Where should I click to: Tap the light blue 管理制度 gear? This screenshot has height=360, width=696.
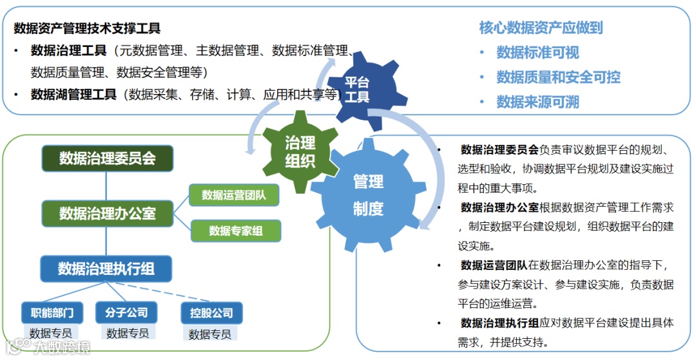pos(368,194)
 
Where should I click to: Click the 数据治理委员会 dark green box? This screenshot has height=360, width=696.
pos(108,158)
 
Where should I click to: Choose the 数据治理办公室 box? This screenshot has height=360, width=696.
pos(108,213)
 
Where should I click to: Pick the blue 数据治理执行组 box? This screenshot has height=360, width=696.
pos(106,269)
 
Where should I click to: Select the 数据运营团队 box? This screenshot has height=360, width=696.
pos(235,194)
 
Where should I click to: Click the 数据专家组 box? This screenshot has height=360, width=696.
pos(236,231)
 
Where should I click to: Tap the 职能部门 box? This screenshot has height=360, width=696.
pos(52,313)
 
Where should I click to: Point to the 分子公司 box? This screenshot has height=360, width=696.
pos(126,313)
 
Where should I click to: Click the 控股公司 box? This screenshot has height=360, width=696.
pos(211,313)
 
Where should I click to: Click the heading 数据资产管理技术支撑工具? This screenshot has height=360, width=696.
pos(87,29)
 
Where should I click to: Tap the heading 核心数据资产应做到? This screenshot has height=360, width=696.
pos(541,28)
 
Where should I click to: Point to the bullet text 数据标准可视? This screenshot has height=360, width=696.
pos(537,53)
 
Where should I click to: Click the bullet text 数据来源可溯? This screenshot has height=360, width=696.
pos(537,102)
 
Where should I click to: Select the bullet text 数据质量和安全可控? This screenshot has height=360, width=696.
pos(558,77)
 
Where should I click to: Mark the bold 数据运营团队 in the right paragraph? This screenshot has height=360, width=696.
pos(494,265)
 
